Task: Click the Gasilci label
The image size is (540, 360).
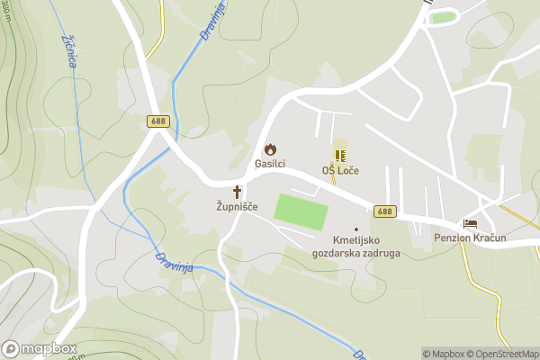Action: click(x=269, y=164)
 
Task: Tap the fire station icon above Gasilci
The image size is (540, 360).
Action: click(x=269, y=148)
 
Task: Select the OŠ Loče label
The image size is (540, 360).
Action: click(x=340, y=170)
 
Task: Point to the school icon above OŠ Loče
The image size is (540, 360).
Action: click(x=340, y=156)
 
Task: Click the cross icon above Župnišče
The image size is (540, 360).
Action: click(x=238, y=192)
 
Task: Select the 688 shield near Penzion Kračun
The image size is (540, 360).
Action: click(x=384, y=211)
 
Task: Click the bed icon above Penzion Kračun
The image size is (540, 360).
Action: click(x=469, y=223)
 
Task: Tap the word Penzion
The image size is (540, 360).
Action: click(x=454, y=238)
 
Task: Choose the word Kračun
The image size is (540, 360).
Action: click(x=491, y=238)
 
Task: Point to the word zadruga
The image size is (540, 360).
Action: click(x=382, y=254)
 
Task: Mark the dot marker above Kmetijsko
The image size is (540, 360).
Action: click(x=355, y=229)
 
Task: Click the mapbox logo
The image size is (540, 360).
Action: click(x=40, y=348)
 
